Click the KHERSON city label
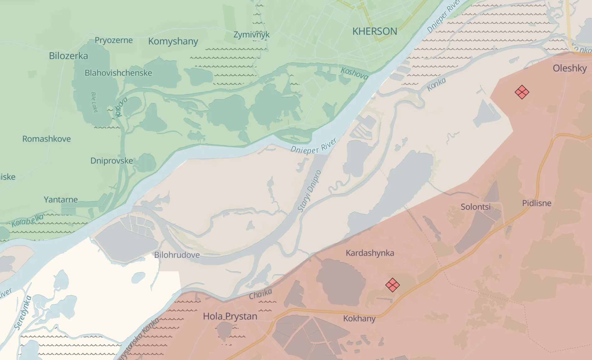(x=375, y=31)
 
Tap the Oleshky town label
(x=570, y=68)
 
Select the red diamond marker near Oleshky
(x=522, y=92)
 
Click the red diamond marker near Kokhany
(x=392, y=285)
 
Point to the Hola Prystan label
(x=230, y=316)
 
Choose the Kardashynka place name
(x=370, y=253)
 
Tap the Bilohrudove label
(x=177, y=255)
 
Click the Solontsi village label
(x=475, y=207)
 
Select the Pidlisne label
(x=537, y=203)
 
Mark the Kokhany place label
(x=359, y=319)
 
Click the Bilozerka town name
(x=68, y=56)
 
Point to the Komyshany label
(x=173, y=41)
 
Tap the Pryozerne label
(x=114, y=40)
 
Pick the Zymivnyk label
(x=251, y=35)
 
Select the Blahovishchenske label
(x=118, y=73)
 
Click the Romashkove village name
(x=46, y=139)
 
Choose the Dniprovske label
(x=111, y=161)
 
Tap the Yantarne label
(x=61, y=199)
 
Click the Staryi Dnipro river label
(x=309, y=191)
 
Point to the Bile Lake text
(x=94, y=102)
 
